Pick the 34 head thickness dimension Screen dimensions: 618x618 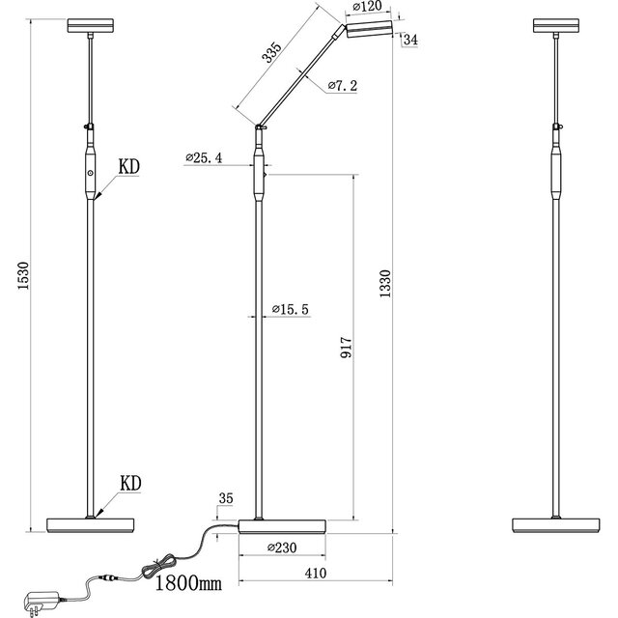click(409, 40)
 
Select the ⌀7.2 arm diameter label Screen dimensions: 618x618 click(343, 87)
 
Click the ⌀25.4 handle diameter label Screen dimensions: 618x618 click(204, 159)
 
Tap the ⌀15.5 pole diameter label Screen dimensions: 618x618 click(290, 309)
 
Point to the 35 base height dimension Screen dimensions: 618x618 click(226, 499)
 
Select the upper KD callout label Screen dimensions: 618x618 click(128, 167)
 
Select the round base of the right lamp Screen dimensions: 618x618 click(558, 526)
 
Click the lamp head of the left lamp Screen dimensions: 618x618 click(89, 25)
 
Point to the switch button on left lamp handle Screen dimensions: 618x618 click(90, 171)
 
